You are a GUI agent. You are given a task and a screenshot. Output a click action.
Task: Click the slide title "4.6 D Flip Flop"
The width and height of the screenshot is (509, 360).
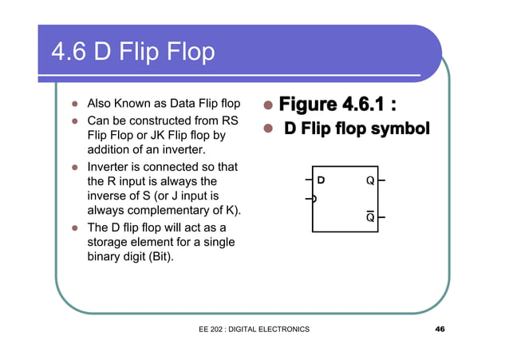(132, 52)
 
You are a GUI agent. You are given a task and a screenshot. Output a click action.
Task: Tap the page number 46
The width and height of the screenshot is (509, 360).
(440, 329)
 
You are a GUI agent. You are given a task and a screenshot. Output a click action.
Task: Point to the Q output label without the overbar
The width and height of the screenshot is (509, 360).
(370, 180)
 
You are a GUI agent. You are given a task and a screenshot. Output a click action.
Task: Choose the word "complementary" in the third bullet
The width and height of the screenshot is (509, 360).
(168, 210)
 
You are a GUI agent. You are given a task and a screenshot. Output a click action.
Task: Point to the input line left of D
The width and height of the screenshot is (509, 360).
(308, 180)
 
